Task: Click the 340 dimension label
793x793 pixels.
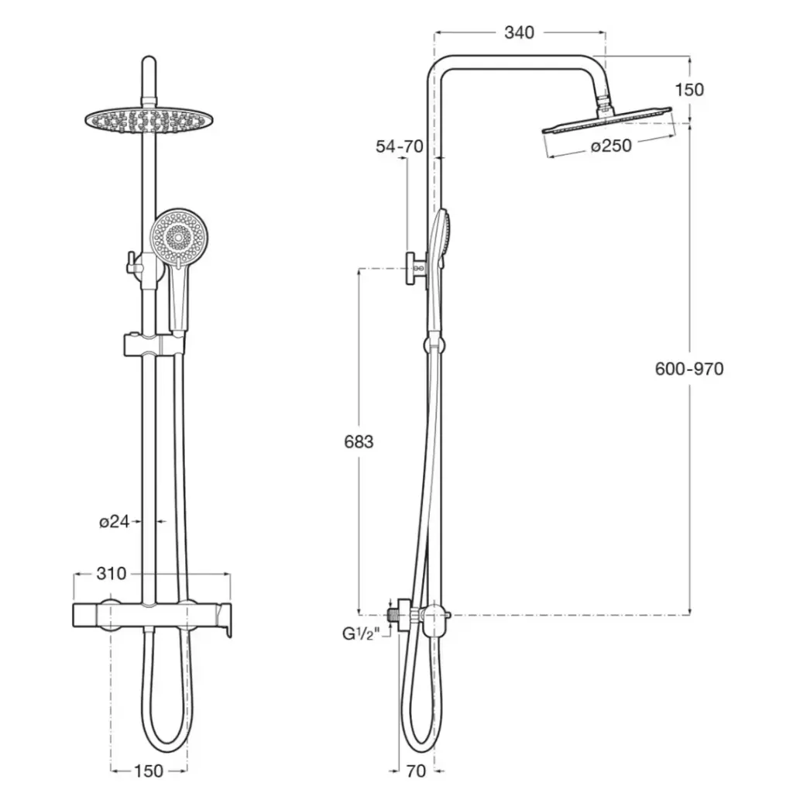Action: pos(519,33)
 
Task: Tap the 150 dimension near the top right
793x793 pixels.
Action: pos(689,90)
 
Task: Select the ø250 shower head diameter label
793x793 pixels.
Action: pos(612,146)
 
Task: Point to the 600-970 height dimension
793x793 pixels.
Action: pos(688,369)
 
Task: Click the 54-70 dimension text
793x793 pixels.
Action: pos(400,146)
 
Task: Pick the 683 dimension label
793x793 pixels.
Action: pos(359,442)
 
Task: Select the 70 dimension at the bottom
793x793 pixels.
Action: pos(416,771)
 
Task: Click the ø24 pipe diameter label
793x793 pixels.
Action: pos(115,521)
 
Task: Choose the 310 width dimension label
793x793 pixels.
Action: pos(112,574)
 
